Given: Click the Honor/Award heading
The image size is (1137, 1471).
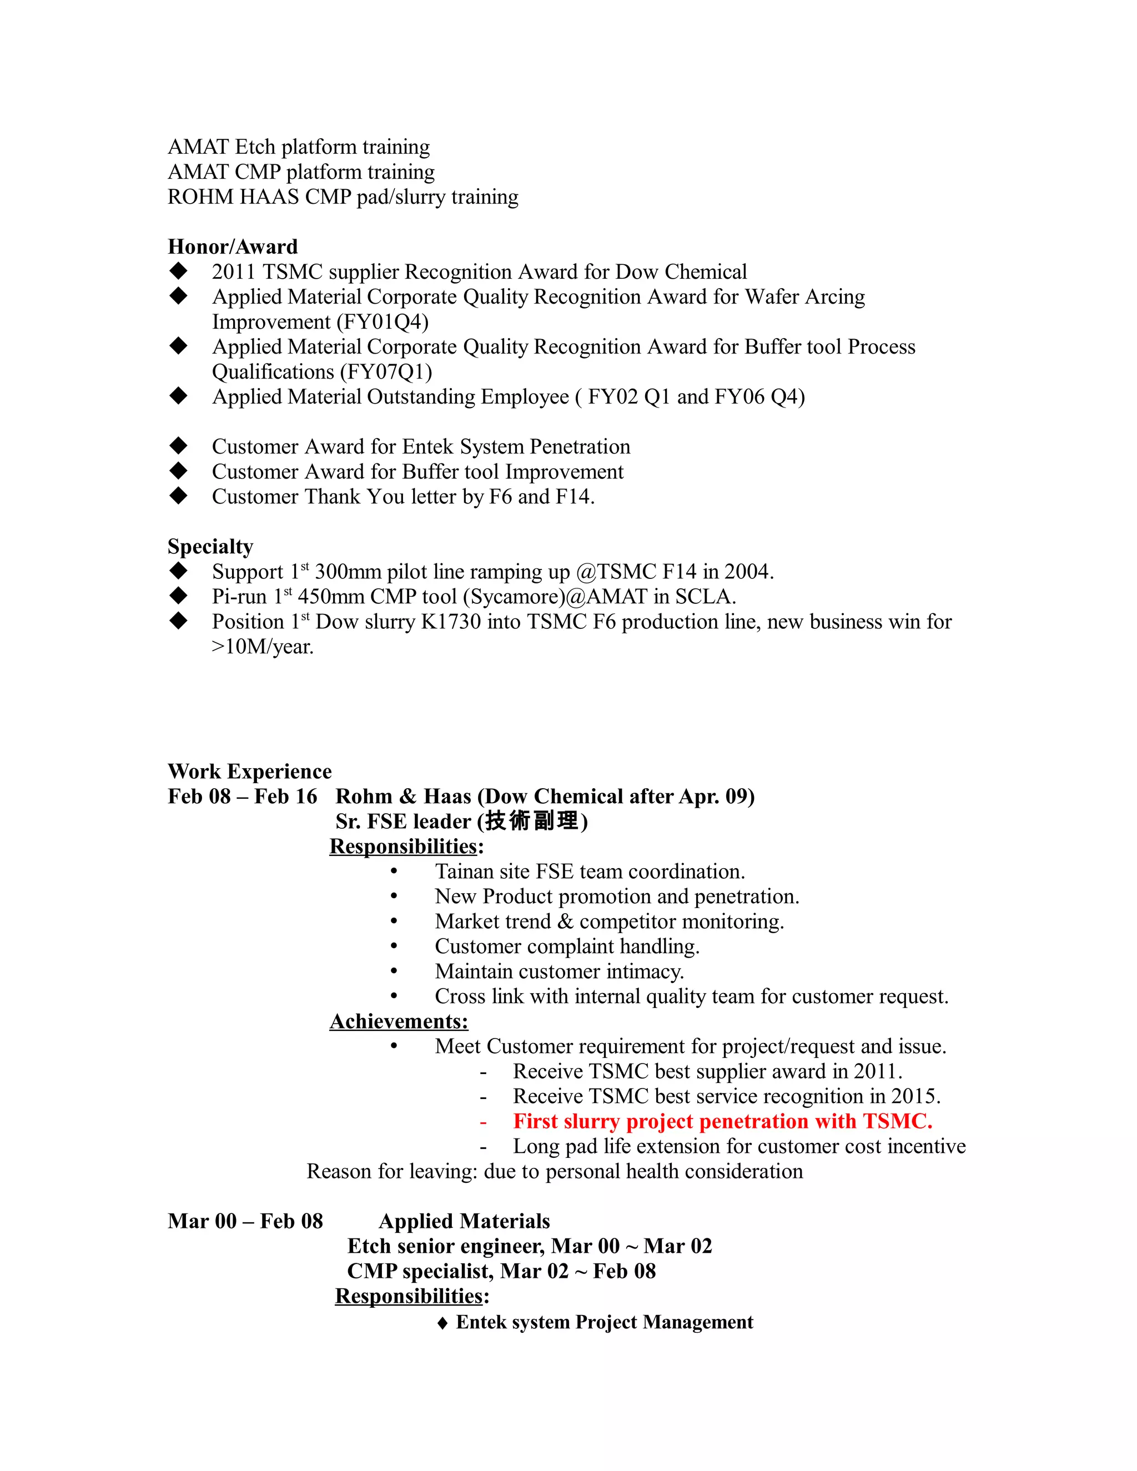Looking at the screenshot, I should click(233, 246).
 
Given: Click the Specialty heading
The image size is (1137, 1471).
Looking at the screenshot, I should click(210, 546).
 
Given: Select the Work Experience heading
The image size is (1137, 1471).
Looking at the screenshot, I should click(249, 771).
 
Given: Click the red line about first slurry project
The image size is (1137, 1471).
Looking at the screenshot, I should click(722, 1121).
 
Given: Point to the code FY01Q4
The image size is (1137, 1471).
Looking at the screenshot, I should click(385, 322).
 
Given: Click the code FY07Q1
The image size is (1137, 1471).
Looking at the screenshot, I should click(386, 372).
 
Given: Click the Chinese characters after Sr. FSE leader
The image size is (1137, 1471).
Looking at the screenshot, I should click(531, 821).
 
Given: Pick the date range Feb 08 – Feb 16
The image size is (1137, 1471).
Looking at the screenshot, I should click(242, 796).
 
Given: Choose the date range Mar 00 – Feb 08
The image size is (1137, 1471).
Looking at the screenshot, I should click(245, 1221).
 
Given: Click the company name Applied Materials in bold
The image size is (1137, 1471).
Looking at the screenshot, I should click(464, 1221).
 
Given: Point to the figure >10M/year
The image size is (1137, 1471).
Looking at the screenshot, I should click(263, 647).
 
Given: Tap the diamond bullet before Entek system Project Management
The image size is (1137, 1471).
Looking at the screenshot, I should click(442, 1323).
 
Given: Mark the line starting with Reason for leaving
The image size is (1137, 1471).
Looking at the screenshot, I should click(555, 1171).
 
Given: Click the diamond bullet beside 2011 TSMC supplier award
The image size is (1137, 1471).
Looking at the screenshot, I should click(179, 271).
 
